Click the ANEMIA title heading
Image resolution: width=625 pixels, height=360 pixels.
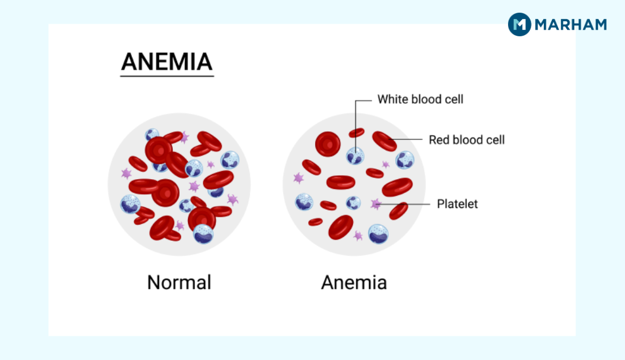coord(166,61)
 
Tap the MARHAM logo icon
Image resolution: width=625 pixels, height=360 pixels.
coord(519,24)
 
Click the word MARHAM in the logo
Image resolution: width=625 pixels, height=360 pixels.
coord(570,25)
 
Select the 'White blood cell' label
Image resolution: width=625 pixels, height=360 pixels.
coord(420,99)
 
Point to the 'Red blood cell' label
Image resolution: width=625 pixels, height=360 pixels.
coord(467,139)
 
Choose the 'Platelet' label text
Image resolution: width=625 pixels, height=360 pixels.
coord(457,204)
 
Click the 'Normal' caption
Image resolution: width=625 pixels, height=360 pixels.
coord(179,282)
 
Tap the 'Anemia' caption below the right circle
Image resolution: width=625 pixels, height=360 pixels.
coord(354,282)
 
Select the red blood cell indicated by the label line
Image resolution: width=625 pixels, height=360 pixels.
coord(384,141)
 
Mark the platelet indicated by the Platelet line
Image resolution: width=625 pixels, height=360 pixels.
coord(376,204)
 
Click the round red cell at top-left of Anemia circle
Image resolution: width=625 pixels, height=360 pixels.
coord(327,144)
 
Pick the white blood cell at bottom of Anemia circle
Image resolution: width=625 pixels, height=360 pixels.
coord(378,233)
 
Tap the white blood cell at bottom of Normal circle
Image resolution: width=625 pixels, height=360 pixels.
coord(203,233)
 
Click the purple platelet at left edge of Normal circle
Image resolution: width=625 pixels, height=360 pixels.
coord(126,173)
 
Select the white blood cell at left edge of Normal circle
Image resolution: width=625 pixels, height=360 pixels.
coord(130,203)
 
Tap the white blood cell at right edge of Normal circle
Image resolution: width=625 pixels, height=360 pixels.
coord(230,160)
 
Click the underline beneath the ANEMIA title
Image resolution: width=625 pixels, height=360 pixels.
coord(167,75)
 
